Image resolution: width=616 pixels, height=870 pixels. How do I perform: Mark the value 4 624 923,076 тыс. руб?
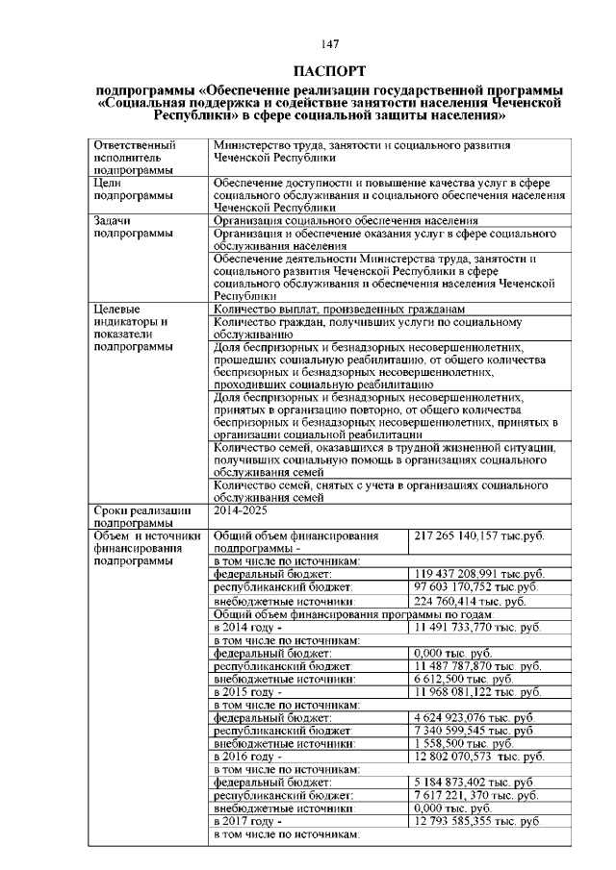click(x=475, y=717)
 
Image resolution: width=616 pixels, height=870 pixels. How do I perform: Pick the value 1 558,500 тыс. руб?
click(x=463, y=743)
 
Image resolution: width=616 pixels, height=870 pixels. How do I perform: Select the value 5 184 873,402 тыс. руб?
click(x=475, y=783)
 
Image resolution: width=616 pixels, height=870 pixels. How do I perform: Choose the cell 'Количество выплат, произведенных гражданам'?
click(x=339, y=310)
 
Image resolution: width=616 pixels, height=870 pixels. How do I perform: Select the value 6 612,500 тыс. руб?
click(x=463, y=678)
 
